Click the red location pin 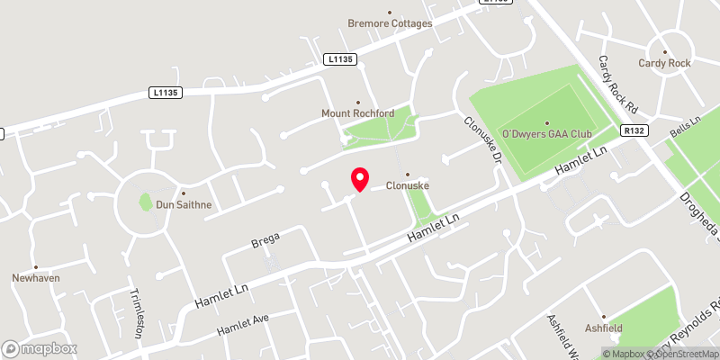[359, 179]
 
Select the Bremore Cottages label [391, 23]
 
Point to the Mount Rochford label [358, 114]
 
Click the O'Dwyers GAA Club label [546, 134]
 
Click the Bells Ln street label [685, 126]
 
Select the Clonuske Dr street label [482, 139]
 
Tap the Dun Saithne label [184, 204]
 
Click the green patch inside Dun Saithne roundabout [145, 202]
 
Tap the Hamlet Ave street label [243, 325]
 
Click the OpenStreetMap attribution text [684, 354]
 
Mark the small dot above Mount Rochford [358, 103]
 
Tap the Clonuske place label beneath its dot [407, 186]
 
